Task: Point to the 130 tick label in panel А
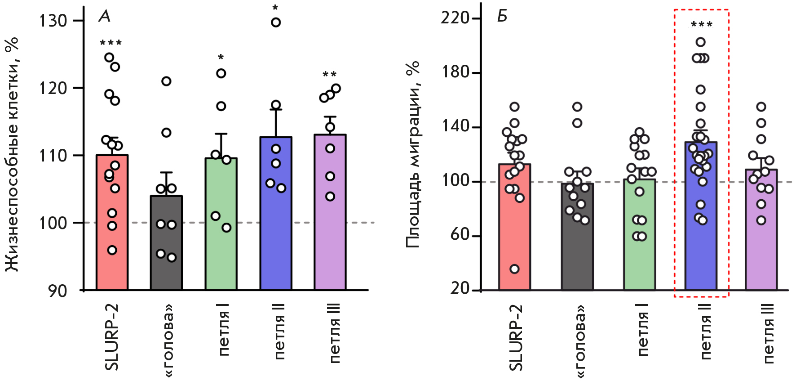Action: click(x=53, y=21)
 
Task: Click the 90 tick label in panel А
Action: click(x=58, y=291)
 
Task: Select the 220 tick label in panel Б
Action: click(x=455, y=18)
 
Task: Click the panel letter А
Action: click(x=104, y=17)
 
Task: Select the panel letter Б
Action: click(x=502, y=17)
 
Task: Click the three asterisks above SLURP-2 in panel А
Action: click(x=111, y=43)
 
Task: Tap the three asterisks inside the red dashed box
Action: click(x=701, y=24)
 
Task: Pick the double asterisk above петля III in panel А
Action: click(x=329, y=74)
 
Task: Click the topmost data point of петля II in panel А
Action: click(x=276, y=22)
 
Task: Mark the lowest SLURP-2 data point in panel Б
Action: click(x=514, y=269)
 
